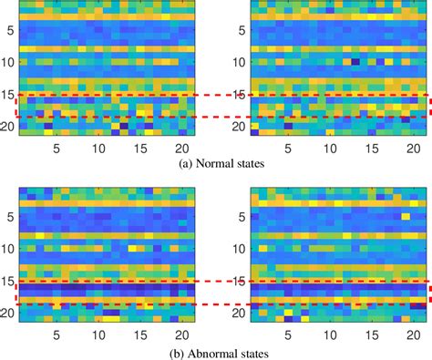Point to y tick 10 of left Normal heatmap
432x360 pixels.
tap(8, 64)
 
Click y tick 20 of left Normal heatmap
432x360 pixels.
tap(8, 127)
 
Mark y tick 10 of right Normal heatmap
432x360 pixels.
tap(241, 64)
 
